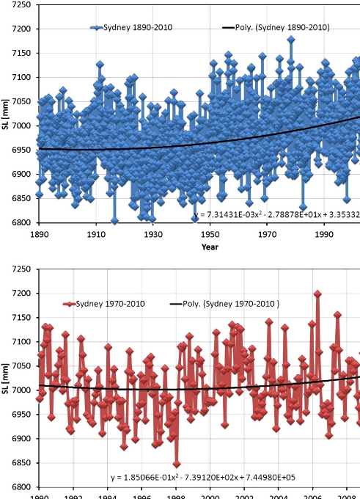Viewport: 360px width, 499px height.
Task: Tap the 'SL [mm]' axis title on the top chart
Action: tap(5, 114)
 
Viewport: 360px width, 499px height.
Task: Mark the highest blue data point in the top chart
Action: tap(291, 39)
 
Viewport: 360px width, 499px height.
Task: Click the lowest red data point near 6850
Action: tap(177, 464)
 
